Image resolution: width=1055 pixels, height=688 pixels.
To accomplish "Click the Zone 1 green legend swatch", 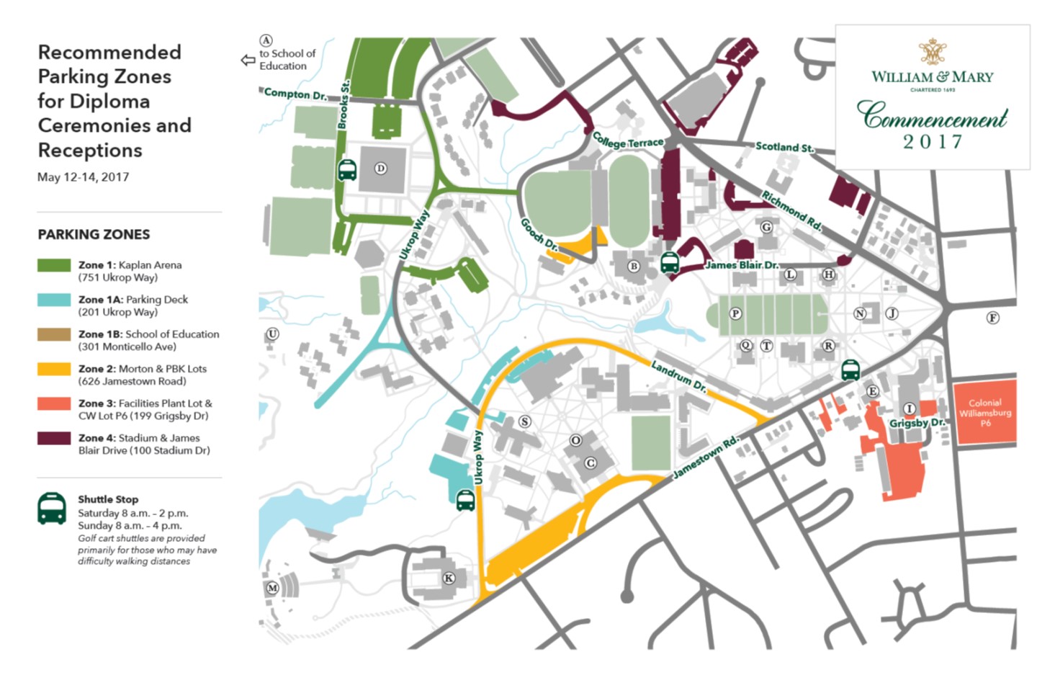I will [54, 265].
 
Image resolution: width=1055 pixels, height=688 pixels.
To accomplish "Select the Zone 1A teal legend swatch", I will [54, 300].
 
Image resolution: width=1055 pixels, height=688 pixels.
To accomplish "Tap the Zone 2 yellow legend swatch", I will [54, 369].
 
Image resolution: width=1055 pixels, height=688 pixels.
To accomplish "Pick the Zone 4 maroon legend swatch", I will [54, 438].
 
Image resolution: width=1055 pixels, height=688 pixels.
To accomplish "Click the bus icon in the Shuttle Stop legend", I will [52, 509].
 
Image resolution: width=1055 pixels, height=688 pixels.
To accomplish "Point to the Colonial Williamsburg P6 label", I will [984, 413].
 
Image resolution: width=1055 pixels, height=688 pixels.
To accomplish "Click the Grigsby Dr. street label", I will [916, 423].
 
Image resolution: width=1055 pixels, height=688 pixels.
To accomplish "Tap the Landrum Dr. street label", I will [678, 376].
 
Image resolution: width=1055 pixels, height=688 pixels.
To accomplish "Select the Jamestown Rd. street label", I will [705, 457].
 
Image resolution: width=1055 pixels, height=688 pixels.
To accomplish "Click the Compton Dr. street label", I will [295, 94].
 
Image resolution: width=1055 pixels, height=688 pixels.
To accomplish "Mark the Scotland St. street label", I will [784, 147].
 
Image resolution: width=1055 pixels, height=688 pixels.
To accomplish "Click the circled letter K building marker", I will [449, 578].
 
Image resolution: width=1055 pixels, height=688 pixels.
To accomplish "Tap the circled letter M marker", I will [272, 588].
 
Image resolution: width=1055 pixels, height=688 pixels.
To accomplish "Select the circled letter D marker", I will [381, 169].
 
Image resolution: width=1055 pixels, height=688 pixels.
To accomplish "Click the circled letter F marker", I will [992, 318].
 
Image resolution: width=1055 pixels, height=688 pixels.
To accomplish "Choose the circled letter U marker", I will [272, 334].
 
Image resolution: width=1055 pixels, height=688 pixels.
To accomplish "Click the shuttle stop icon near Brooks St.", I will [347, 170].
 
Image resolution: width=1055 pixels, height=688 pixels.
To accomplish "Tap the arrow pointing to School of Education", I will [248, 61].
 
